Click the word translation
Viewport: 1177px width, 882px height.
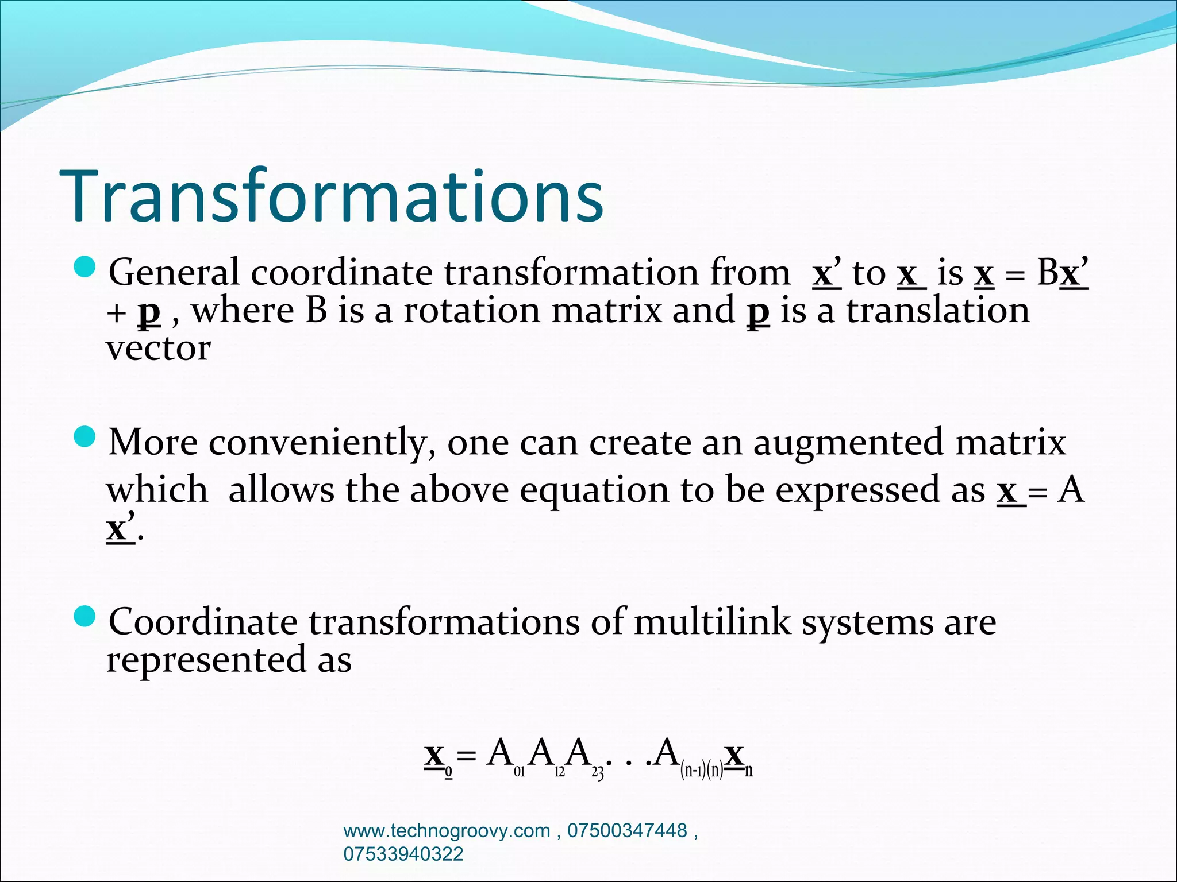(x=938, y=311)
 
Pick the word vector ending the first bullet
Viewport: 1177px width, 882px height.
(x=159, y=349)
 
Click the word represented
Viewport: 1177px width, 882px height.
(x=206, y=660)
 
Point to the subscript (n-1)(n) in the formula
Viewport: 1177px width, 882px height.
(x=701, y=769)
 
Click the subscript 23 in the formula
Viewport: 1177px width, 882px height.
(x=598, y=773)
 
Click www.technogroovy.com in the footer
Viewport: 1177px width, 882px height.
(x=446, y=830)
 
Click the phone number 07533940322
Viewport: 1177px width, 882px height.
(x=403, y=854)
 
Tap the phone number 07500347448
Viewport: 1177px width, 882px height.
(x=627, y=830)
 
